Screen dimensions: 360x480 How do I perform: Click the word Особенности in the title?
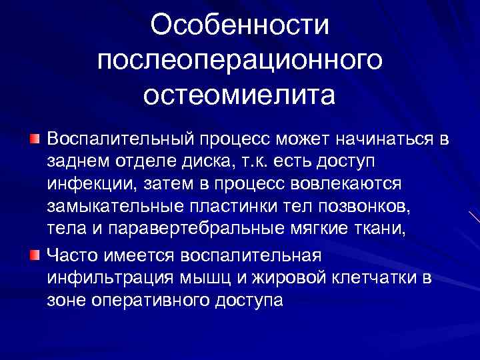click(x=240, y=27)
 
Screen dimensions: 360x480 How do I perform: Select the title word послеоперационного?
click(x=240, y=61)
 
